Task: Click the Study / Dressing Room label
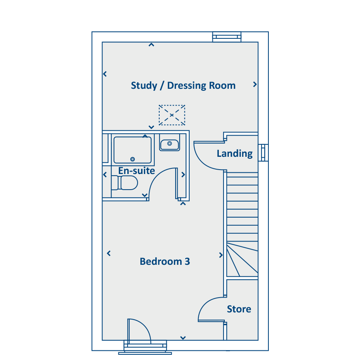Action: click(x=183, y=86)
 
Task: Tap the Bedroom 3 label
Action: click(x=165, y=262)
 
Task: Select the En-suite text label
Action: click(x=137, y=171)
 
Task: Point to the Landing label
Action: click(x=235, y=154)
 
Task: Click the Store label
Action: click(x=239, y=309)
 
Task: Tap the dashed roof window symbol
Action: click(x=172, y=115)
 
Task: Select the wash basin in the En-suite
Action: click(x=170, y=145)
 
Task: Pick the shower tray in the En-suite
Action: click(x=133, y=150)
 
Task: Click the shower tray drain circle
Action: click(x=132, y=159)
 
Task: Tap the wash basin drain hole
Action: click(x=170, y=144)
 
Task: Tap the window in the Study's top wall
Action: click(x=227, y=37)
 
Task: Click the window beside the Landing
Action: click(x=263, y=153)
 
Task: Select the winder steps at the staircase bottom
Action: click(x=242, y=259)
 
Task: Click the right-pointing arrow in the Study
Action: click(x=255, y=84)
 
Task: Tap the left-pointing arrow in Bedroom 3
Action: click(x=109, y=254)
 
